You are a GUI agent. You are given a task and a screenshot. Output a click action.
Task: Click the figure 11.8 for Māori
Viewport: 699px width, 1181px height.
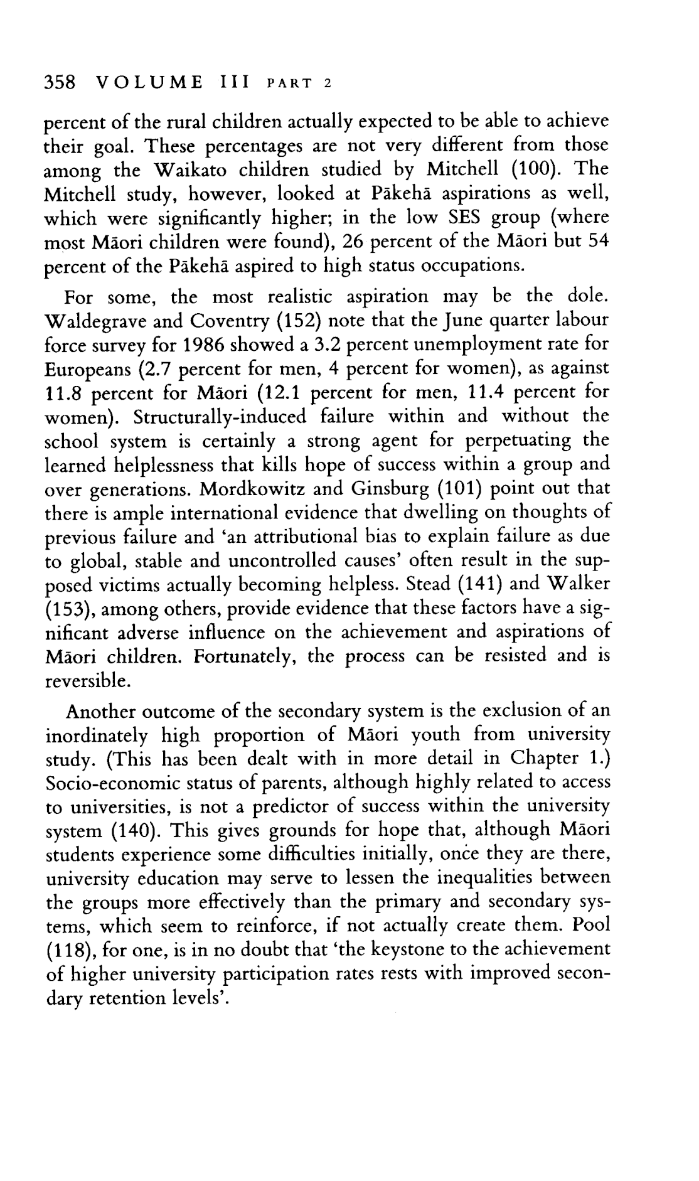(66, 393)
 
